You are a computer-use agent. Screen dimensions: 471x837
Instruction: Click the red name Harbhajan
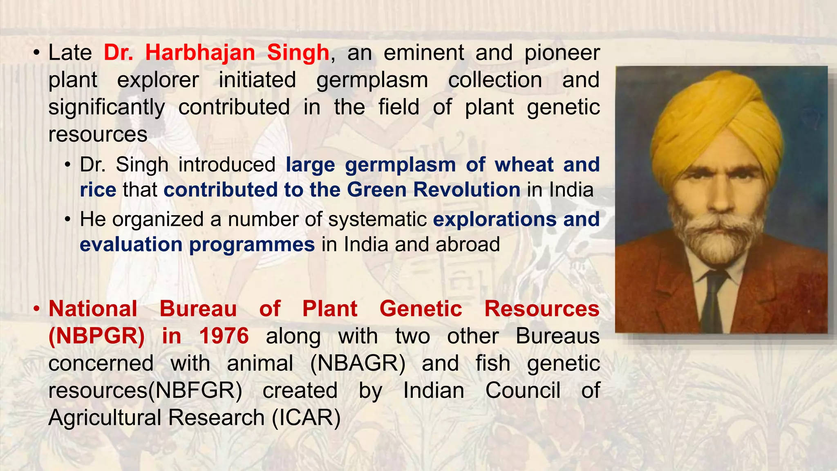tap(200, 53)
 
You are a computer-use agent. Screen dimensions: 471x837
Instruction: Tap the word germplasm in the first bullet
tap(372, 80)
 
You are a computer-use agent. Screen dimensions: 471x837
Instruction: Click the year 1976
tap(224, 336)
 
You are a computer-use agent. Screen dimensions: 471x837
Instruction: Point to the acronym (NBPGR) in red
tap(96, 336)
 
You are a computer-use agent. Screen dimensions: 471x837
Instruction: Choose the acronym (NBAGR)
tap(358, 363)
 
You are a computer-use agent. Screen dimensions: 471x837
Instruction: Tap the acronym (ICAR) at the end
tap(306, 418)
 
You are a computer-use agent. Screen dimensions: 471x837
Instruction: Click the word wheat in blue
tap(524, 165)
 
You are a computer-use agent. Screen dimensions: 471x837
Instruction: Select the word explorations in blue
tap(494, 219)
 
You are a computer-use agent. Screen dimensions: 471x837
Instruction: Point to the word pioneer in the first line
tap(562, 53)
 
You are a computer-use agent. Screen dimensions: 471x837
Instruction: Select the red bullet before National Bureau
tap(36, 309)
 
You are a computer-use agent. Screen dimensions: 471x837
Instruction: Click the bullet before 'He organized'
tap(68, 220)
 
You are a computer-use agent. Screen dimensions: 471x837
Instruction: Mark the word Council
tap(523, 390)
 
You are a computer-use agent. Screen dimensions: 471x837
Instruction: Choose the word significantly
tap(107, 107)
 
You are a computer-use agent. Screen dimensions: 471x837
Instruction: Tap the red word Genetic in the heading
tap(421, 309)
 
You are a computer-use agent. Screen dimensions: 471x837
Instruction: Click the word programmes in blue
tap(252, 244)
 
